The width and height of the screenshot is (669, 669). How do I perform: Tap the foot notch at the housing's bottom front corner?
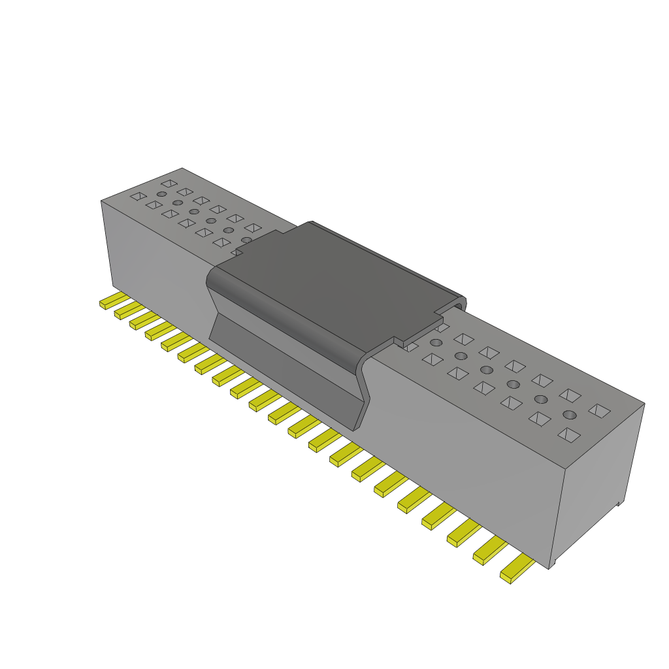click(x=553, y=563)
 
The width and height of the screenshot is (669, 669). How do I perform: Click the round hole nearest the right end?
click(x=570, y=415)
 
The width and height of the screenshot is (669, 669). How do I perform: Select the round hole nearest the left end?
click(x=161, y=194)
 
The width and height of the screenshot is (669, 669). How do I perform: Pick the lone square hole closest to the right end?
click(x=599, y=410)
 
